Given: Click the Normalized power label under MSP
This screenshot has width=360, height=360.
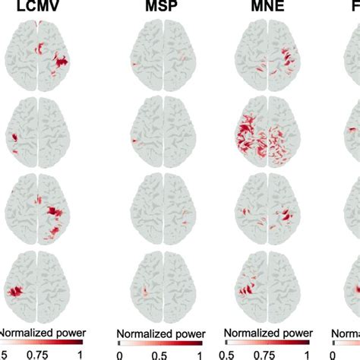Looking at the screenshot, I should (x=159, y=333).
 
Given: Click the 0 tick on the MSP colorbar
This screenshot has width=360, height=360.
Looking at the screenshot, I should (x=120, y=353).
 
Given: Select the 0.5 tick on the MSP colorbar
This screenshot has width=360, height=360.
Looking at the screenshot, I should (x=159, y=353).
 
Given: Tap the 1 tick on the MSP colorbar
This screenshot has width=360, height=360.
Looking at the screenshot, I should (x=199, y=353).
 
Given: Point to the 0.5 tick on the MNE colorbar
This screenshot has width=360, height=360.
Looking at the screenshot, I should (x=229, y=353).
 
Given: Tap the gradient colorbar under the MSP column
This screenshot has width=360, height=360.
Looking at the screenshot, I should (x=159, y=343).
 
